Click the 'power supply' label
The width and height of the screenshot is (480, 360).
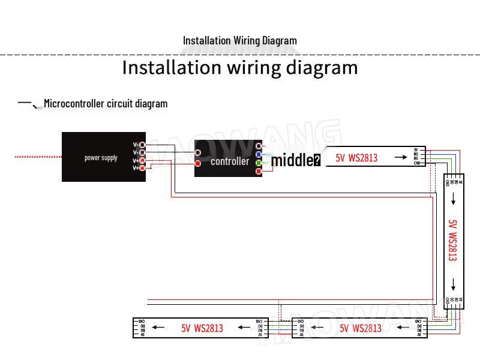pos(101,158)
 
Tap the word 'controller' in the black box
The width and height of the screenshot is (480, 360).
pos(229,161)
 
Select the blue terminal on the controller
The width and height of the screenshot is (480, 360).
pos(259,154)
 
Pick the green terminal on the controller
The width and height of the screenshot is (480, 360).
pos(259,163)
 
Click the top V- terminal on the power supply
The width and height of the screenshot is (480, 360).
pos(142,145)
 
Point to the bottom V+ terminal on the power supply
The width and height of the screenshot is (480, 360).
pos(142,168)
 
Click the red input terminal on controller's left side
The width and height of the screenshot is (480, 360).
pos(198,163)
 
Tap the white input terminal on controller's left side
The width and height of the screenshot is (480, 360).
pos(198,153)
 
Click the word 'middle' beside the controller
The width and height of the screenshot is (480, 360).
pos(292,160)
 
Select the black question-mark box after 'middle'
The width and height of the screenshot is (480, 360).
pos(317,160)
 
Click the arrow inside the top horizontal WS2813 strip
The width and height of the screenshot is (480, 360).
pos(400,158)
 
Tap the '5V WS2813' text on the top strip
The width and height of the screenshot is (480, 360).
pos(356,158)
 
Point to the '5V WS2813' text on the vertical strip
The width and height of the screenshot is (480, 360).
pos(453,240)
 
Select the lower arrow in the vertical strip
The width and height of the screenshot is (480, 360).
pos(454,284)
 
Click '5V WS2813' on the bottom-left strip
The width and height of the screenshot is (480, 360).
pos(202,328)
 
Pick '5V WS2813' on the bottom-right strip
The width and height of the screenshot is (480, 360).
pos(361,328)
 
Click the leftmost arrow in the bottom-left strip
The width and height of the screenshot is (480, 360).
pos(158,327)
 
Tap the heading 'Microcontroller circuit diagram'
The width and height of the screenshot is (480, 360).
pos(106,104)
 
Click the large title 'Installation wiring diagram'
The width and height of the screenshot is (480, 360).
pos(240,67)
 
